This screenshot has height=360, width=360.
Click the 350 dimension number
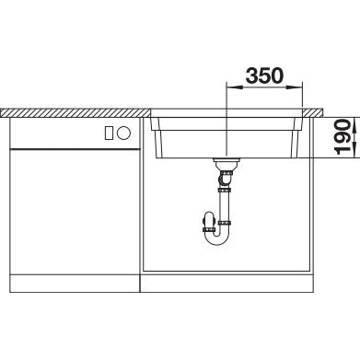click(264, 75)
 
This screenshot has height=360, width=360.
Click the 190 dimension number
click(343, 137)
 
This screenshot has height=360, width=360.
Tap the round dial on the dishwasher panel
click(124, 134)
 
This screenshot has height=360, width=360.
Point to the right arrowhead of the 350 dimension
click(295, 87)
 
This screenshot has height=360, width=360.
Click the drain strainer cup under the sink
click(226, 165)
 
